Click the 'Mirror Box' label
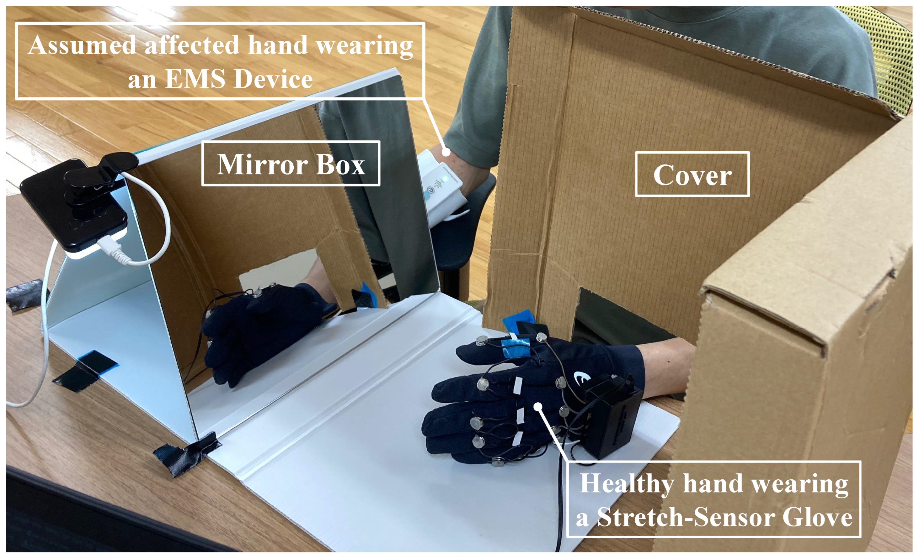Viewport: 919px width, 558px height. coord(291,164)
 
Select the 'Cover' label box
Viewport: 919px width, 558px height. coord(692,174)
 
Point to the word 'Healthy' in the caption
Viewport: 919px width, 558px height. coord(627,483)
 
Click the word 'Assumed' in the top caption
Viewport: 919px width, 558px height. coord(82,45)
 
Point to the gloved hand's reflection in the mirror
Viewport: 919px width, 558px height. coord(261,328)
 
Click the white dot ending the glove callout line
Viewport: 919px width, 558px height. coord(537,407)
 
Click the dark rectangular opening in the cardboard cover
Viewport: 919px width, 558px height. coord(612,317)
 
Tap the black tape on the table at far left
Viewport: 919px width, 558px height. coord(24,294)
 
